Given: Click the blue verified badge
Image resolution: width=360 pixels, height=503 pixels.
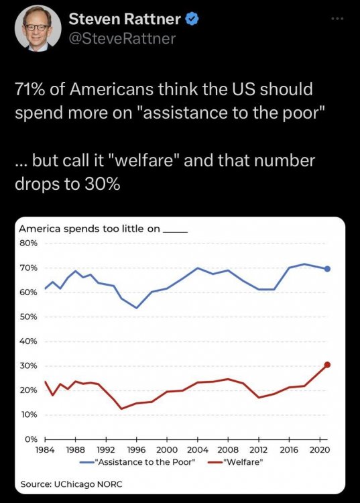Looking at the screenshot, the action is (192, 19).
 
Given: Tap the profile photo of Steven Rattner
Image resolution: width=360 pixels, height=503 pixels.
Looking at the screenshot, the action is (38, 28).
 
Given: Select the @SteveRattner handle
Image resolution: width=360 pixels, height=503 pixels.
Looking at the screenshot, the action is (122, 39).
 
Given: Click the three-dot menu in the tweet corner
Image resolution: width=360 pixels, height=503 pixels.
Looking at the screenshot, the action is (338, 19).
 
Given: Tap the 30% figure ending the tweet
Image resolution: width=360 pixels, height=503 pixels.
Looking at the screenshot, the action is (103, 184).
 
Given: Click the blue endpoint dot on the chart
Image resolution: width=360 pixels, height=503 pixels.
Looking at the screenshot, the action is (327, 269).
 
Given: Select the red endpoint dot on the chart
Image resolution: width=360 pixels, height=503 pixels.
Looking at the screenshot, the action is (327, 364).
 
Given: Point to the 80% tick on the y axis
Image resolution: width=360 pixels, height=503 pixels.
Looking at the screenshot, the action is (29, 243).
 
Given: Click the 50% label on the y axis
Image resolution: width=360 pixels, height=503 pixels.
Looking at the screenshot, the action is (29, 317).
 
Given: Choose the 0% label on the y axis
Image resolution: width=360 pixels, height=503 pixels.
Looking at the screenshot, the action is (31, 439).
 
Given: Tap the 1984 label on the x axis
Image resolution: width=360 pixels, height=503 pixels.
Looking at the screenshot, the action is (44, 450).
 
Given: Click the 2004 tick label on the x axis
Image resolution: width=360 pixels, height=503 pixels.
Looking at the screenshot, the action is (198, 450).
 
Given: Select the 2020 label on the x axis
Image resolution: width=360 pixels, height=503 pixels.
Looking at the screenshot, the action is (320, 450).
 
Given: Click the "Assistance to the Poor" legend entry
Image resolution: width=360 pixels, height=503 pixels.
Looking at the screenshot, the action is (137, 462).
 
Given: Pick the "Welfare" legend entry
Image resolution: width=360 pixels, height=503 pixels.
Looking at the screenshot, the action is (235, 462).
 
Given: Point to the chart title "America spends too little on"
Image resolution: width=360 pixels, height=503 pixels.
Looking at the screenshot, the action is (89, 229).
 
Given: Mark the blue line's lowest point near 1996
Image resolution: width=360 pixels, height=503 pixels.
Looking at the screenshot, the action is (136, 308).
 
